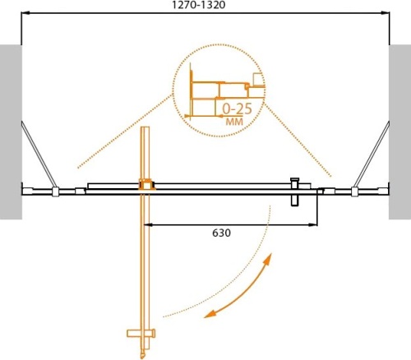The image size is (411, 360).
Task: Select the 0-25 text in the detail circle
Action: coord(236,108)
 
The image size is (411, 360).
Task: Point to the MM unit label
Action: coord(233,121)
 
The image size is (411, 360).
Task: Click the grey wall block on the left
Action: coord(9,132)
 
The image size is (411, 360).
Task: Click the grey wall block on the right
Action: coord(400,132)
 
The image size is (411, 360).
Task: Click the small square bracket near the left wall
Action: coord(55,193)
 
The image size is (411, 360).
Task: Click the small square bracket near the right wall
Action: coord(354,193)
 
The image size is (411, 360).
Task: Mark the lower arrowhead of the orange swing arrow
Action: coord(209,312)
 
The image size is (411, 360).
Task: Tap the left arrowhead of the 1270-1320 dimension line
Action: coord(25,14)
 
